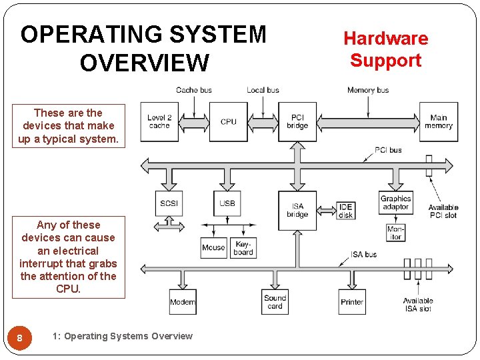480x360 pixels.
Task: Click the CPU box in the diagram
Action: pos(228,121)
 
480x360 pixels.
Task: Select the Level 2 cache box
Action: pos(159,121)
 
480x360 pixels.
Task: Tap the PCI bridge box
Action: pos(297,121)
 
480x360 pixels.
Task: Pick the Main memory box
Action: pos(438,121)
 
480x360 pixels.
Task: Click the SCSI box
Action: pos(169,203)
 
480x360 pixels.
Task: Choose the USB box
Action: pos(227,203)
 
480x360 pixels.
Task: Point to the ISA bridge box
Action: pos(297,210)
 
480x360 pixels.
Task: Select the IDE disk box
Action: pos(345,211)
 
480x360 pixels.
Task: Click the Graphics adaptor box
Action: pos(396,203)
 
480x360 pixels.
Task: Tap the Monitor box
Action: pos(395,233)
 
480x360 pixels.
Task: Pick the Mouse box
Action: pos(213,248)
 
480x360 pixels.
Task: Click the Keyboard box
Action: pos(243,248)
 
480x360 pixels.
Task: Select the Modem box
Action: pos(183,302)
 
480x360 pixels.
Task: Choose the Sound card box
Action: pos(275,302)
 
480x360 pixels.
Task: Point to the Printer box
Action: pos(352,302)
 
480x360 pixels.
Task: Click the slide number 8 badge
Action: pos(19,338)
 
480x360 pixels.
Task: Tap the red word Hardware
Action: pos(385,39)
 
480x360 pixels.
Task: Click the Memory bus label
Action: pos(367,90)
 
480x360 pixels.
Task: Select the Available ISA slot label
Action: pos(418,305)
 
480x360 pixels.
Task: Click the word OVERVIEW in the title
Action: pos(143,63)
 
